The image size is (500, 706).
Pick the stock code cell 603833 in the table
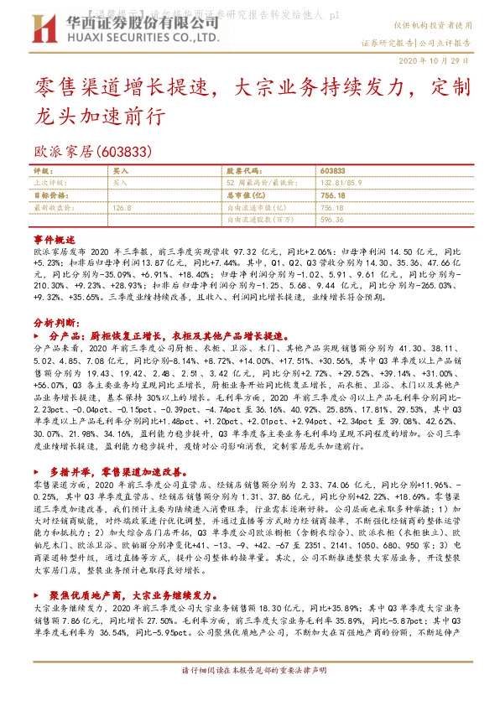pos(333,169)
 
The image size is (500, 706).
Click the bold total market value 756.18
pos(333,193)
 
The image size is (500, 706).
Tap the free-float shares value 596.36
pos(332,219)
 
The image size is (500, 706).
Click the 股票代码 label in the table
pos(244,169)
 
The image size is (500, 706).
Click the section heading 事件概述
pos(55,239)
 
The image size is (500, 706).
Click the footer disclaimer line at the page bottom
pos(249,672)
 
